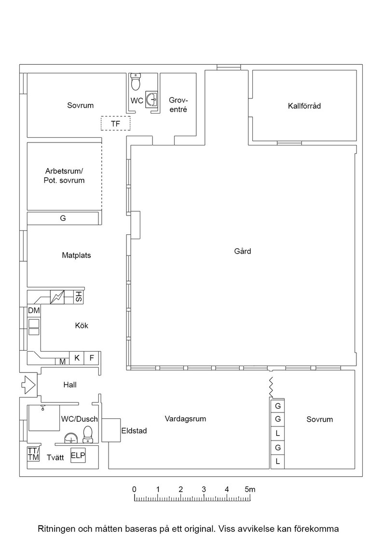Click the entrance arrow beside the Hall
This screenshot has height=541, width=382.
(x=28, y=384)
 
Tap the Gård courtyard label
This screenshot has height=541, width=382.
(x=243, y=251)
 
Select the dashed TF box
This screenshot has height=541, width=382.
(x=115, y=123)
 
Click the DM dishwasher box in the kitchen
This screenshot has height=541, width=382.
(x=34, y=311)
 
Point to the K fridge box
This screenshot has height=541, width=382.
(x=77, y=358)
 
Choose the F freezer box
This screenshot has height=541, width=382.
(x=92, y=358)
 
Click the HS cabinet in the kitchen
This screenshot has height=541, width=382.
(x=79, y=297)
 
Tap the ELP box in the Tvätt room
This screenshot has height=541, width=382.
(x=78, y=456)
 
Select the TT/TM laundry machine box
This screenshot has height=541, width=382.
(x=33, y=454)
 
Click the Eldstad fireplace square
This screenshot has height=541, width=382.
(x=111, y=430)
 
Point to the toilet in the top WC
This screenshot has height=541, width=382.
(x=136, y=82)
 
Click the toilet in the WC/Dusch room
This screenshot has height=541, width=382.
(x=88, y=434)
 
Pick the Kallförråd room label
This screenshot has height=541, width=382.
(x=304, y=106)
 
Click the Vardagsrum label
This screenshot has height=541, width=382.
(x=185, y=419)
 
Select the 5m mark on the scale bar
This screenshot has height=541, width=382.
(x=250, y=489)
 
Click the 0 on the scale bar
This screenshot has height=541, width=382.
(x=135, y=489)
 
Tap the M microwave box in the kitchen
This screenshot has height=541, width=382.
(x=62, y=362)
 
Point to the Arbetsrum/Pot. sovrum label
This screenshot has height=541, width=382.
(x=64, y=176)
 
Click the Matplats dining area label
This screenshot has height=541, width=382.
(x=77, y=256)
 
